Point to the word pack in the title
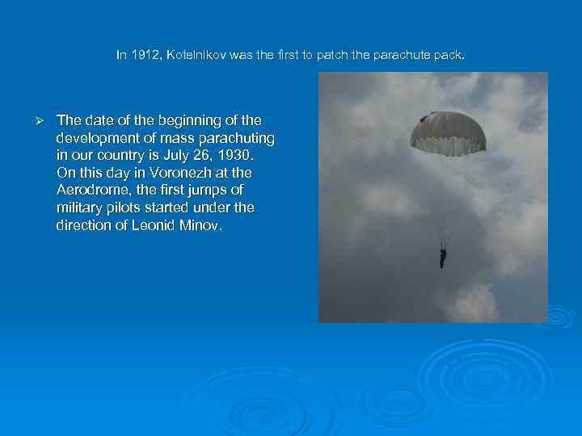(x=449, y=56)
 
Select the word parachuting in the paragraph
(x=235, y=138)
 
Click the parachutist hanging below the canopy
(x=442, y=257)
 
